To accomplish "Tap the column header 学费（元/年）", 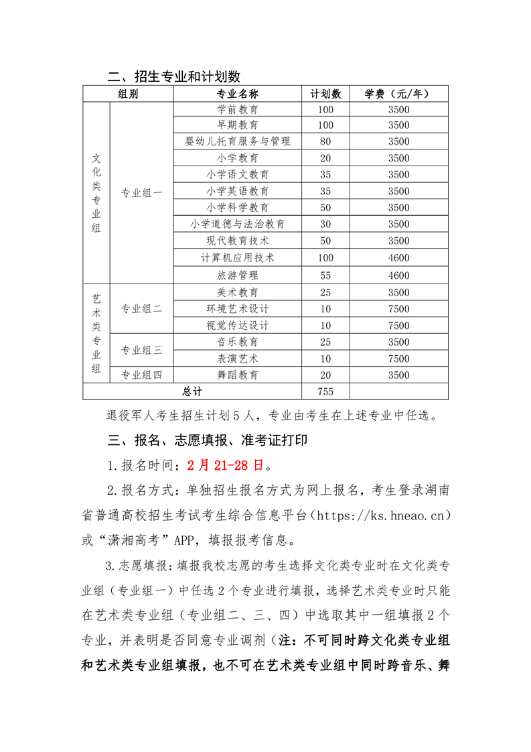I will point(398,94).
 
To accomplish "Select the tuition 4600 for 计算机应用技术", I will point(398,258).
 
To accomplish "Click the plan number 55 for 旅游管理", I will point(325,275).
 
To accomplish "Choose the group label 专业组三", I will point(141,350).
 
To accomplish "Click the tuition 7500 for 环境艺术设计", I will point(398,309).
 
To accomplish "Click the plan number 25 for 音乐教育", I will point(325,342).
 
